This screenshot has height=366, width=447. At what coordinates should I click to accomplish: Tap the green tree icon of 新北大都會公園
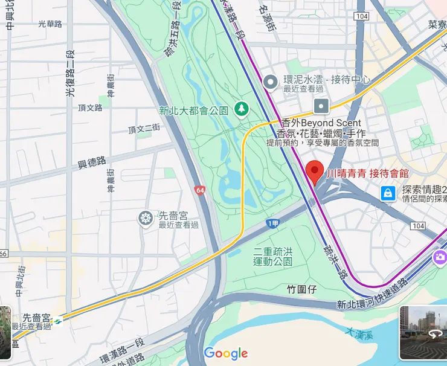[x=242, y=109]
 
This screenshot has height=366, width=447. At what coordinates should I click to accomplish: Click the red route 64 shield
[x=199, y=190]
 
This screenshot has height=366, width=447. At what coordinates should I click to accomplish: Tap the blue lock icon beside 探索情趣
[x=387, y=193]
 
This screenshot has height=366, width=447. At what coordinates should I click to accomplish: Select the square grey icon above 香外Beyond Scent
[x=321, y=106]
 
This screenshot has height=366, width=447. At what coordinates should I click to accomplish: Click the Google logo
[x=225, y=353]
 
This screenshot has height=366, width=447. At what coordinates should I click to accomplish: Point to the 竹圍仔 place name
[x=302, y=290]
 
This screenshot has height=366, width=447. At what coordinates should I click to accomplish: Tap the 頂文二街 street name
[x=144, y=129]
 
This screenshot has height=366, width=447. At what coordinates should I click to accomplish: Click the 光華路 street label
[x=50, y=24]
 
